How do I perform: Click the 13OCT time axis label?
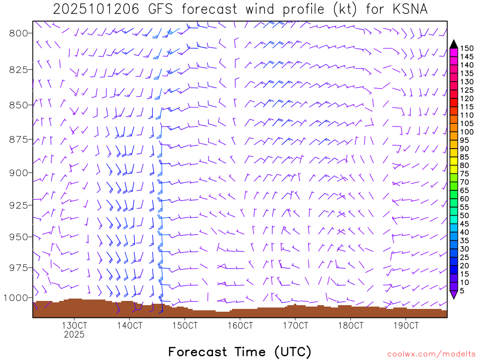tap(74, 325)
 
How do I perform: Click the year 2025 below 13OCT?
tap(74, 335)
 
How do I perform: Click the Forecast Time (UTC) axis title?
tap(240, 352)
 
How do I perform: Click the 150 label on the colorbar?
tap(466, 48)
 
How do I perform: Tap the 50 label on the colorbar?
tap(465, 216)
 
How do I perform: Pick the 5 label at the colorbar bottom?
tap(463, 291)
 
